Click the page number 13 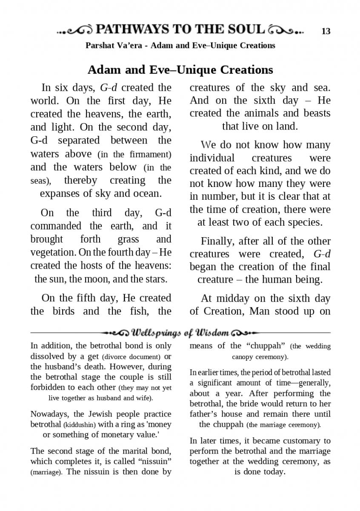326,31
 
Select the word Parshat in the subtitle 100,45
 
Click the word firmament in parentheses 148,154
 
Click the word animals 270,113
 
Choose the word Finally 217,241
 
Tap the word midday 232,299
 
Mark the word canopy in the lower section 243,356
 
